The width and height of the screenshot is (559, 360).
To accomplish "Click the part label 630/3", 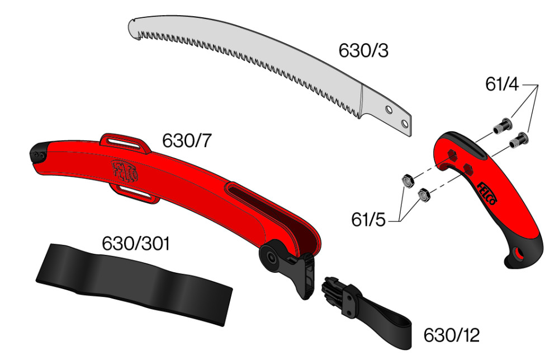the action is coord(363,51).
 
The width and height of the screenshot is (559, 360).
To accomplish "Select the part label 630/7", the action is coord(187,141).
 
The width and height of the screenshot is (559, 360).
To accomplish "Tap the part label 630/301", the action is coord(136,244).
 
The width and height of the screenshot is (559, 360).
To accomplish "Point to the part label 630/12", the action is coord(451,335).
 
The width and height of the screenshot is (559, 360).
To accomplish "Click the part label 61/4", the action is coord(501,84).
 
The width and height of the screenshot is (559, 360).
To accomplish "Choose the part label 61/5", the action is coord(368,220).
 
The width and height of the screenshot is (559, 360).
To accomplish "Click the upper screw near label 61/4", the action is coord(503,126).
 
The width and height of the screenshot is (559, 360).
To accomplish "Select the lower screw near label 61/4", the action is coord(519,140).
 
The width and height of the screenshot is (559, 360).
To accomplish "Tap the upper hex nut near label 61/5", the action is coord(407,181).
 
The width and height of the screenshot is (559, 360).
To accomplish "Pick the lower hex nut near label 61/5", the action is coord(424,195).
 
